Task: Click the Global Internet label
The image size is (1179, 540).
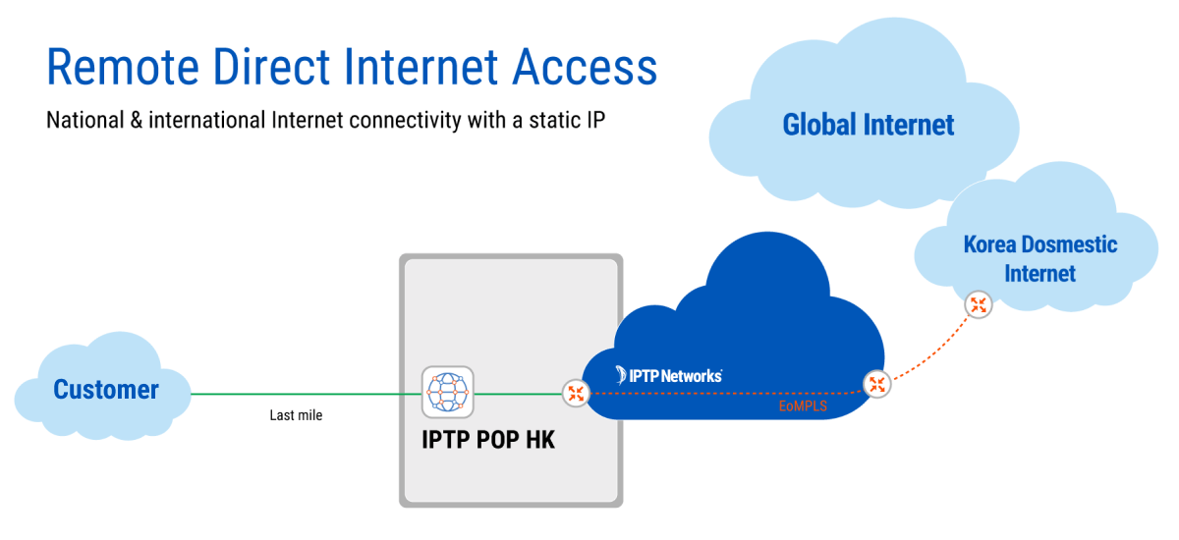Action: (868, 126)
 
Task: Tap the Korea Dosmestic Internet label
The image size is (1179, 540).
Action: (1039, 258)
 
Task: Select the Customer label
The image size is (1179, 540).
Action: (105, 390)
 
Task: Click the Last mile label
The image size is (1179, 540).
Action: (296, 415)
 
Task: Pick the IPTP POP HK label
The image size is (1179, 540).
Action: (488, 440)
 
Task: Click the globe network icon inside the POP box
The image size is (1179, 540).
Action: (447, 392)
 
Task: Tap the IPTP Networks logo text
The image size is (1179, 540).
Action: (669, 375)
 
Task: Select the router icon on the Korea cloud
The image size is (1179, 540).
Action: (978, 304)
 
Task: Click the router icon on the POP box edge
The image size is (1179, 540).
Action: (576, 394)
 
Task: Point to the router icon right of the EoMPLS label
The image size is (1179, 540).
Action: (876, 385)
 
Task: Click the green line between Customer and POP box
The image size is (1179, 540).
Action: (305, 394)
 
